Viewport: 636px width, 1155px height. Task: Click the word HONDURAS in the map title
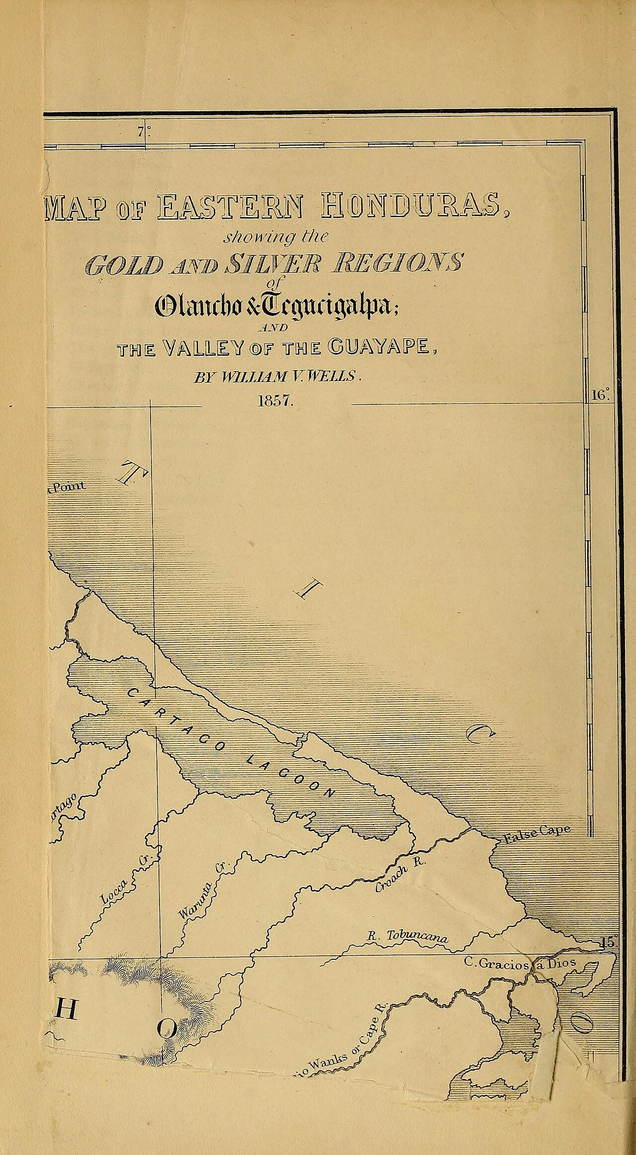click(x=409, y=206)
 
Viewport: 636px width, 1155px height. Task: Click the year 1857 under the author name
click(x=276, y=401)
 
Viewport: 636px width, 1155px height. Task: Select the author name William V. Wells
click(x=276, y=377)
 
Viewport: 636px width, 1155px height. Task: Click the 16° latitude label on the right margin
click(x=599, y=395)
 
